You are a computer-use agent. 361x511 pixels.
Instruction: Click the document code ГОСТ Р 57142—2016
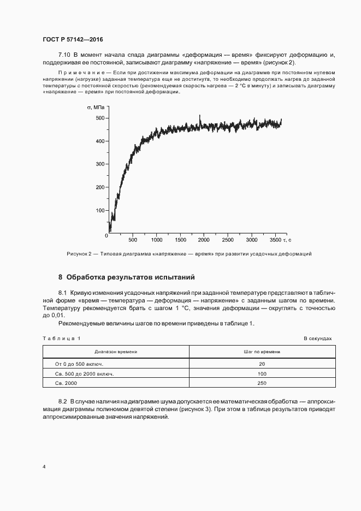73,40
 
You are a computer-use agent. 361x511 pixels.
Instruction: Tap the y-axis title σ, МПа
96,107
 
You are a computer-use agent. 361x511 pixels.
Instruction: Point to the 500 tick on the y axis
99,118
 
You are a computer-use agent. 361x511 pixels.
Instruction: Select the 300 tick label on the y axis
99,164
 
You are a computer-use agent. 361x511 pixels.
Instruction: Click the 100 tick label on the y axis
99,210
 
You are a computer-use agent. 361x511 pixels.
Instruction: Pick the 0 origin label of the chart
106,235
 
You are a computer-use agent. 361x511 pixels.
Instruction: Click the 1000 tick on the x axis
156,240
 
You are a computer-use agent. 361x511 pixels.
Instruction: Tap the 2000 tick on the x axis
204,240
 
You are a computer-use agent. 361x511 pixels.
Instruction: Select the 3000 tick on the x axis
251,240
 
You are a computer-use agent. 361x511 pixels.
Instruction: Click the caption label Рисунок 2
81,254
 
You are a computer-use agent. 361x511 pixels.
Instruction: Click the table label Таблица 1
61,338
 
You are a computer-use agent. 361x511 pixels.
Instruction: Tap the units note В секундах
317,338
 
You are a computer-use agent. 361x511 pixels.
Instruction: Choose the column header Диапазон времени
116,352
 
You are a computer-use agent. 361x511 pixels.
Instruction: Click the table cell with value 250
262,384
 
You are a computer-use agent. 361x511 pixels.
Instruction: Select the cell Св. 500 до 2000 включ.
85,373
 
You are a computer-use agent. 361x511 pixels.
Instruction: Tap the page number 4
44,467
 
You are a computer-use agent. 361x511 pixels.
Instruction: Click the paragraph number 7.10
65,55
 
